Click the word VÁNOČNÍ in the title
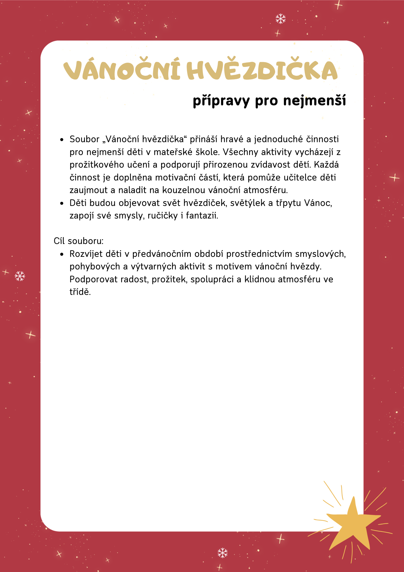click(x=121, y=70)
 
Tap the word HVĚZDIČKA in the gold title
click(x=262, y=70)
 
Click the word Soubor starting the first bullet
click(x=84, y=139)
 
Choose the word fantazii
click(x=202, y=216)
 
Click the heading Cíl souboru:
click(x=79, y=241)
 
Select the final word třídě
click(x=80, y=292)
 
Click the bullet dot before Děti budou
click(x=62, y=203)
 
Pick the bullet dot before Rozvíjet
click(x=62, y=254)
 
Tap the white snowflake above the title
click(x=281, y=19)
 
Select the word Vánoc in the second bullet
click(x=318, y=203)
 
